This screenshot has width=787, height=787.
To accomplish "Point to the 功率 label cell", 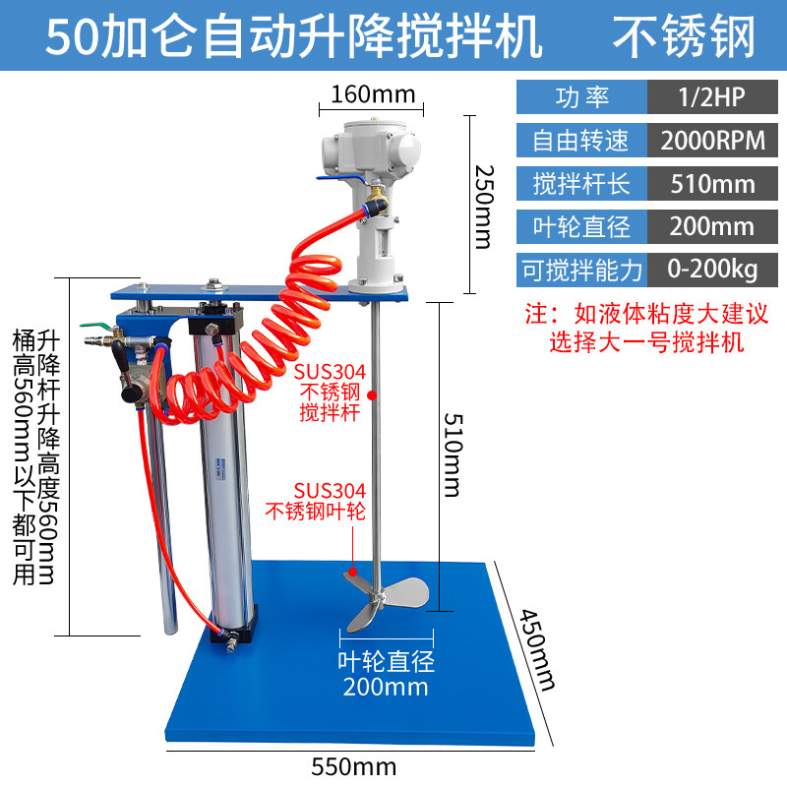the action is pyautogui.click(x=582, y=97).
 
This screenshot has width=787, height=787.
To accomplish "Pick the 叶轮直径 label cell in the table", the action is pyautogui.click(x=582, y=226).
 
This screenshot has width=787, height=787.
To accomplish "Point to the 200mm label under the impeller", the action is pyautogui.click(x=386, y=686).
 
